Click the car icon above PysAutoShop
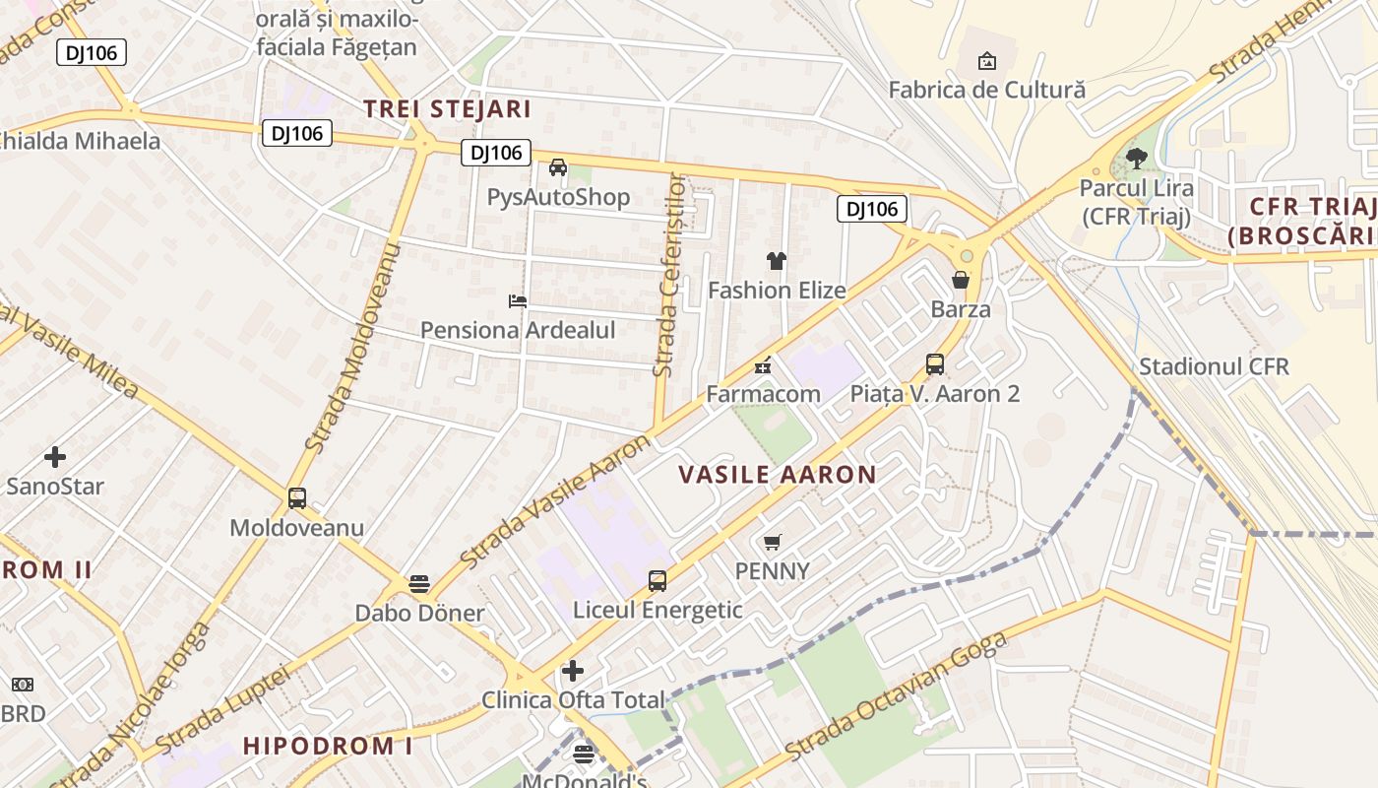558,167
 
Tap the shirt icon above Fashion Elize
777,261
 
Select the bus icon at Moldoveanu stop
297,498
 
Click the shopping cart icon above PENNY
773,542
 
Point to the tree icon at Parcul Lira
1137,158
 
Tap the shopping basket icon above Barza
961,281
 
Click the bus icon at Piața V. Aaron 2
935,364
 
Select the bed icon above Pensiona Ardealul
518,300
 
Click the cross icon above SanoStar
55,457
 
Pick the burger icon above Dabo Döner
419,584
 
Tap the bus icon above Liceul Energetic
658,581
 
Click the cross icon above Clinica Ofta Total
573,672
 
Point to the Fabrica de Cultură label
986,90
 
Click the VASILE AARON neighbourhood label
777,475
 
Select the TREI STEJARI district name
447,109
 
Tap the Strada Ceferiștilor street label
669,276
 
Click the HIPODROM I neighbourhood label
328,746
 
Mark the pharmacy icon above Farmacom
762,366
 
